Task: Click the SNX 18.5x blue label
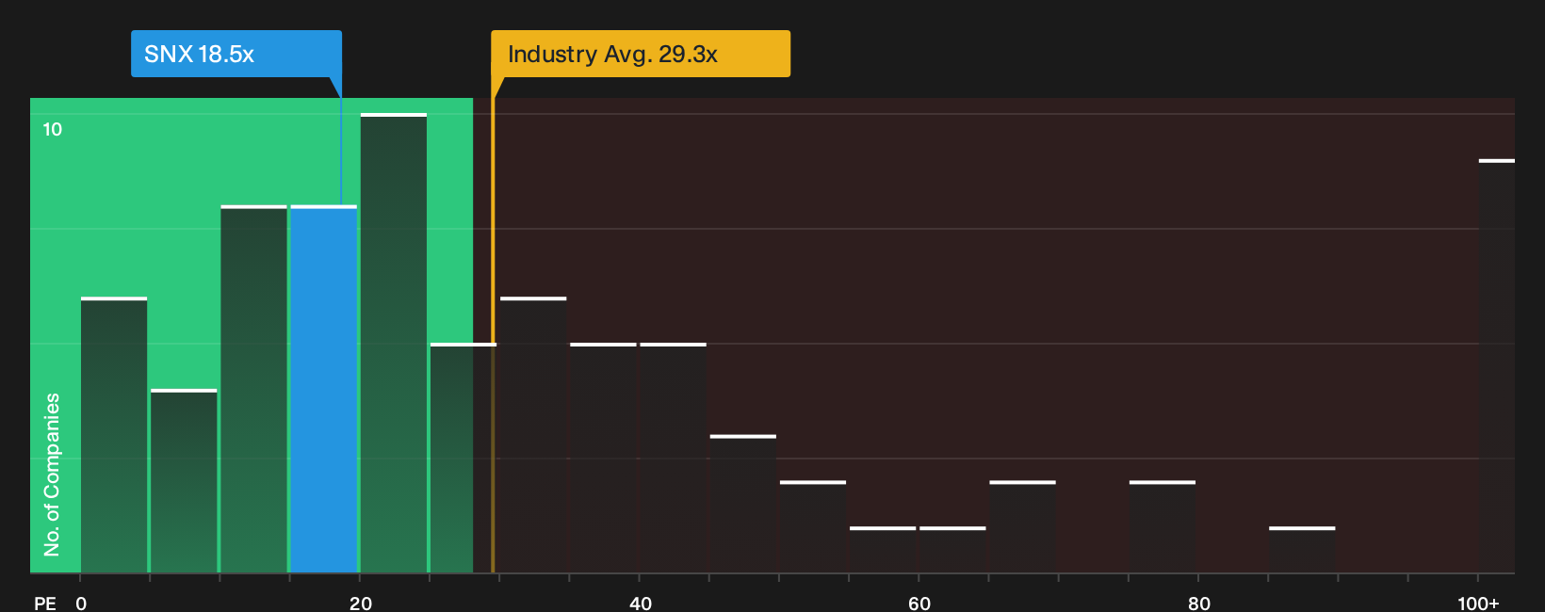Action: tap(236, 54)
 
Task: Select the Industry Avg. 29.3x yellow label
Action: tap(640, 54)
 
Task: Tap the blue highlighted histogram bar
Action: tap(323, 389)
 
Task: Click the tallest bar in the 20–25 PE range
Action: tap(393, 343)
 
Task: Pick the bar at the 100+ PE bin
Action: tap(1497, 366)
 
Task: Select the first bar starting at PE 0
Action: tap(114, 435)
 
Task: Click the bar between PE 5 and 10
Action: tap(184, 481)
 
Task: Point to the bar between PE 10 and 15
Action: tap(253, 389)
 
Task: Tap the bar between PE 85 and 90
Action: tap(1302, 550)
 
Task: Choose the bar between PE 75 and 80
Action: tap(1163, 526)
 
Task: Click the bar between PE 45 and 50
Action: tap(743, 504)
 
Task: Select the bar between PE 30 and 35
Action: tap(533, 435)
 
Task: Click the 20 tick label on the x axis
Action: tap(360, 604)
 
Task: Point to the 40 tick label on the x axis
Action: tap(640, 604)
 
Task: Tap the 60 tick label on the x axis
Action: tap(919, 604)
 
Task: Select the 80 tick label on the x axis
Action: tap(1198, 604)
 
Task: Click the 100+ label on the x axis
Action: tap(1478, 604)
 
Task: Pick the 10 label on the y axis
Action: tap(53, 130)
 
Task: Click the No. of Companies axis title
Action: tap(52, 475)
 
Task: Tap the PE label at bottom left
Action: tap(45, 604)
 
